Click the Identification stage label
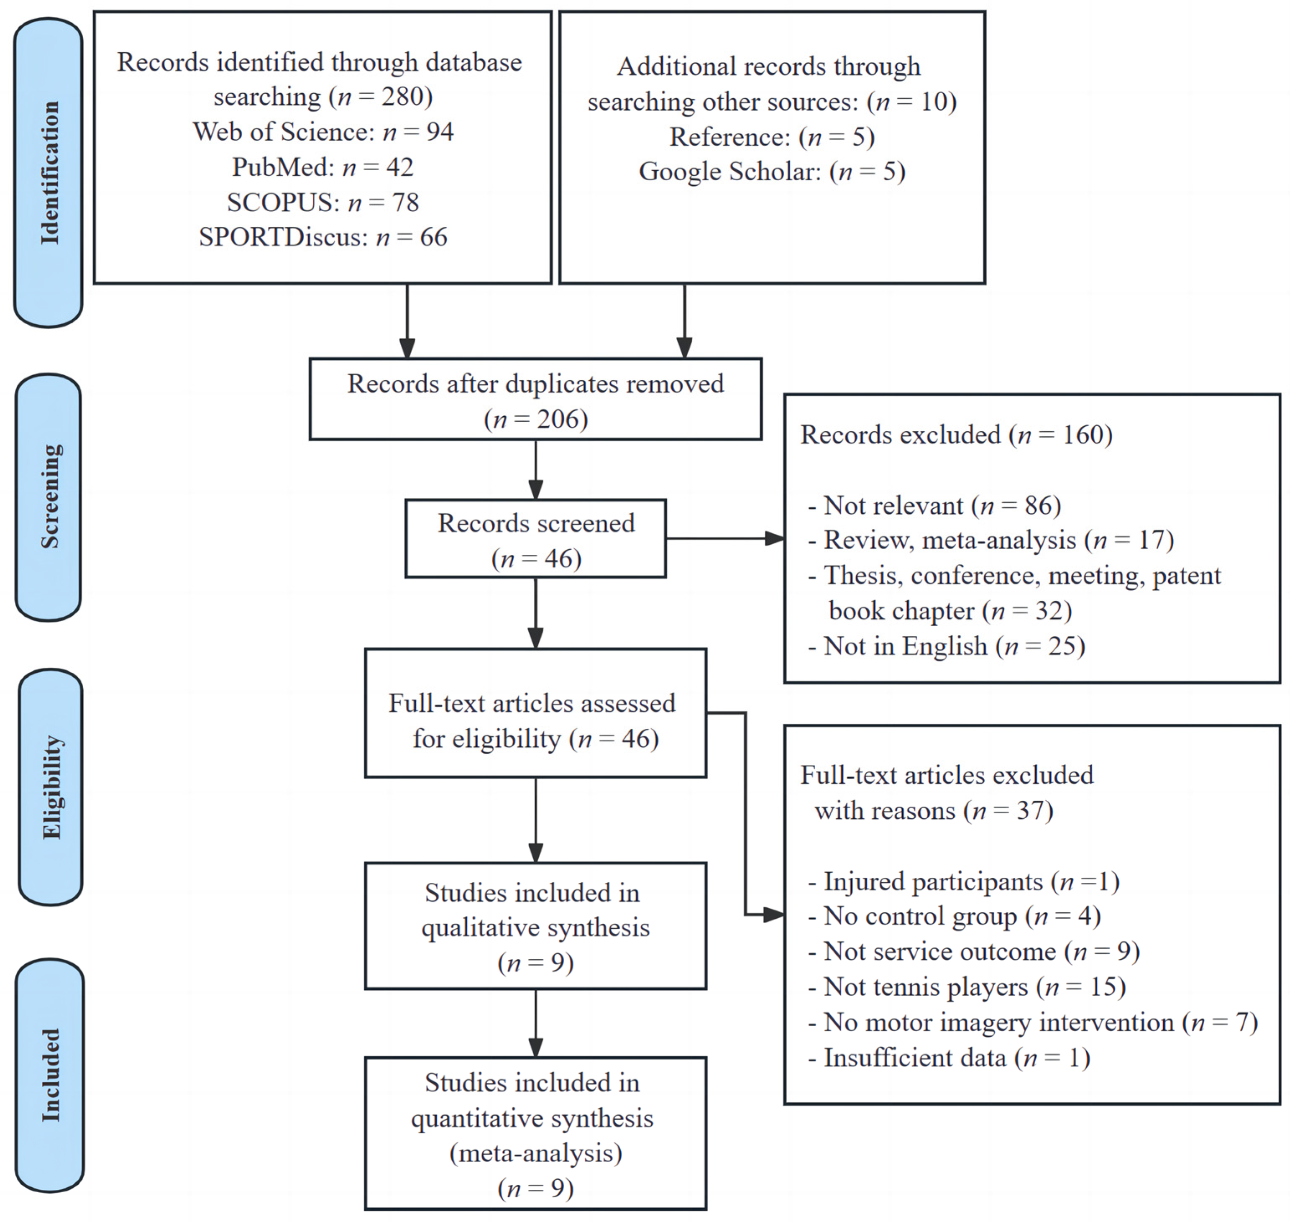[x=49, y=173]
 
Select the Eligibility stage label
[x=51, y=787]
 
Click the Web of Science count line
[x=323, y=132]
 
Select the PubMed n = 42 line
[x=323, y=167]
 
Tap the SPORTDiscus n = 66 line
[x=323, y=237]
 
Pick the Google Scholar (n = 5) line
[x=772, y=172]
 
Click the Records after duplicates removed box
[x=535, y=399]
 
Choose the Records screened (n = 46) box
[x=535, y=539]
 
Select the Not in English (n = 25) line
[x=946, y=647]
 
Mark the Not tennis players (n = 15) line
[x=966, y=987]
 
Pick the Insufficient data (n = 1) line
[x=949, y=1058]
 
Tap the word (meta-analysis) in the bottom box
[x=535, y=1154]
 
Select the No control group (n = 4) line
[x=954, y=917]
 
